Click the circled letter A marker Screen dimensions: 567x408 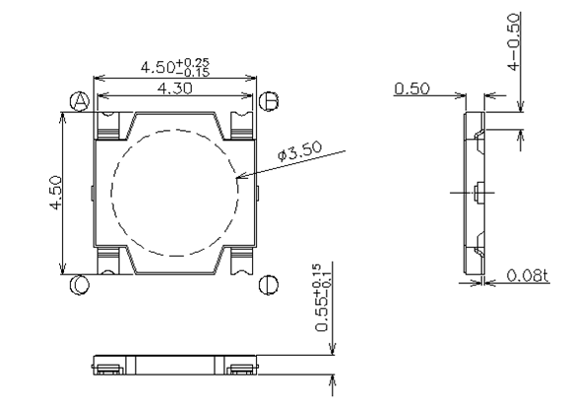click(80, 101)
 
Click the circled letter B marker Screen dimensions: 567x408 click(269, 101)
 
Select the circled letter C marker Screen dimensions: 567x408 click(79, 285)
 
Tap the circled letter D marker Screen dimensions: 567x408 click(269, 285)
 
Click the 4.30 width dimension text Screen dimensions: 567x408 click(175, 88)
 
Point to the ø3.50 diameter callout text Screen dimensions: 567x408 click(300, 151)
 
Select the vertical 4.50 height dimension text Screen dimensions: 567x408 click(56, 193)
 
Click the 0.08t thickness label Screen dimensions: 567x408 click(527, 276)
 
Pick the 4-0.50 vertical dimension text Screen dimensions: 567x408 click(514, 42)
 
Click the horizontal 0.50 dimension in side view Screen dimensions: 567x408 click(412, 88)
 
